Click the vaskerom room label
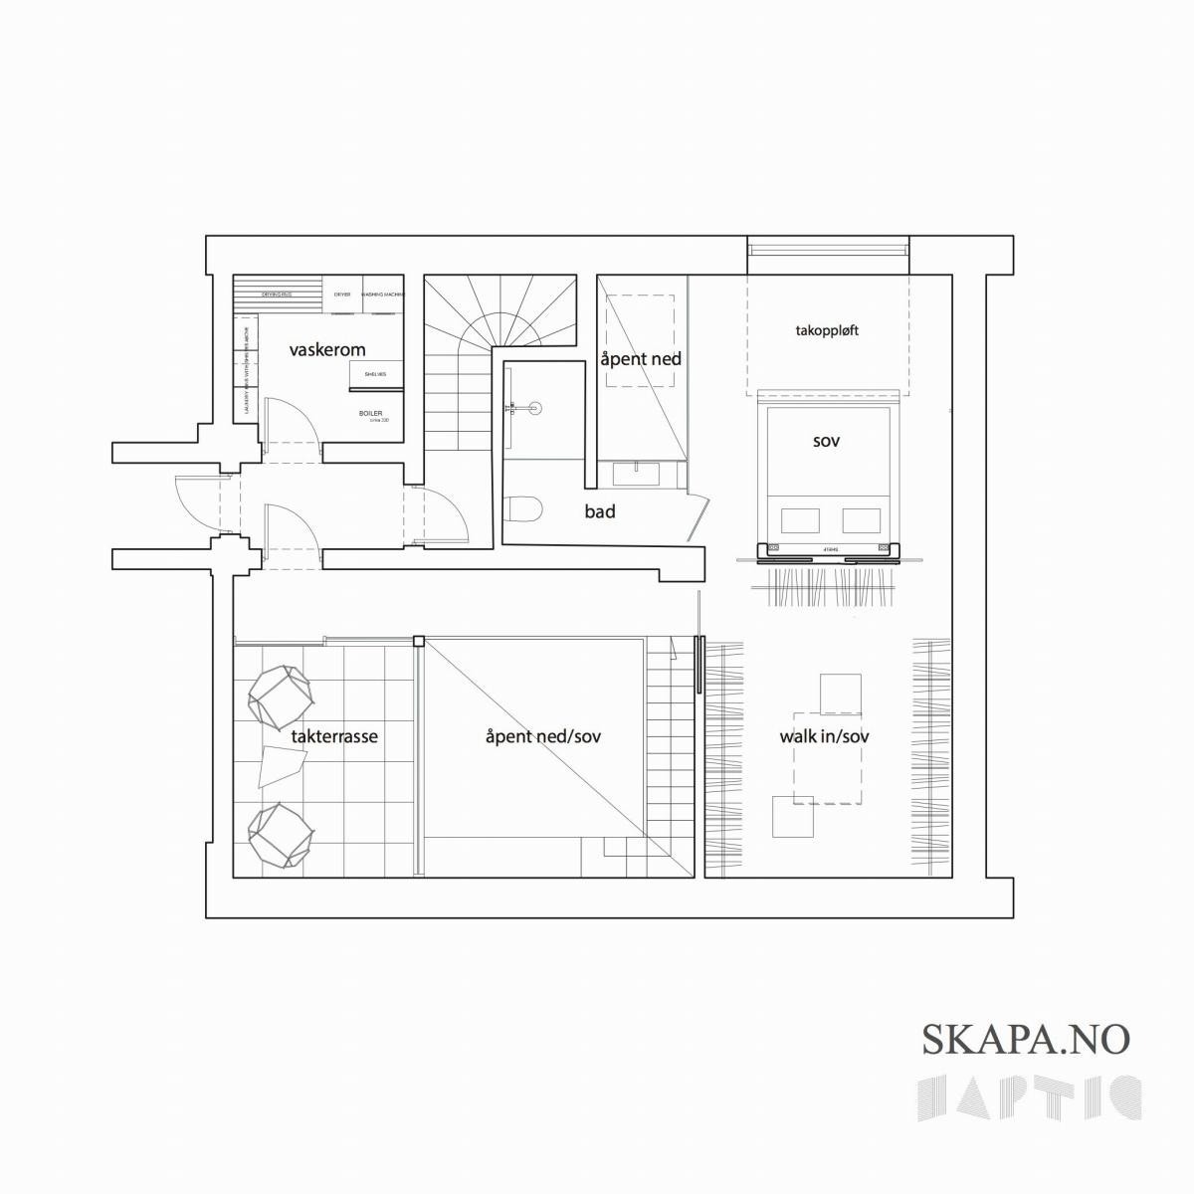(x=327, y=350)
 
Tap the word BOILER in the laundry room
(x=370, y=413)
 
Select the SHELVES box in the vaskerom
(x=375, y=374)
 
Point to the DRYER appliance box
(x=342, y=296)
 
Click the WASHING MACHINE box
(x=383, y=296)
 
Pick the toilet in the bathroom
(x=524, y=509)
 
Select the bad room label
(x=600, y=512)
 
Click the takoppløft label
(x=827, y=330)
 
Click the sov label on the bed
(x=826, y=440)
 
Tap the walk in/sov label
(x=825, y=737)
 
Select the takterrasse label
(x=334, y=737)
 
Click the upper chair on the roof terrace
(x=280, y=694)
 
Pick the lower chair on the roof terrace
(x=280, y=834)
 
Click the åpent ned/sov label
(x=543, y=737)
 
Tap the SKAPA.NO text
(x=1026, y=1039)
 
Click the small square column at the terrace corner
(x=420, y=642)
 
